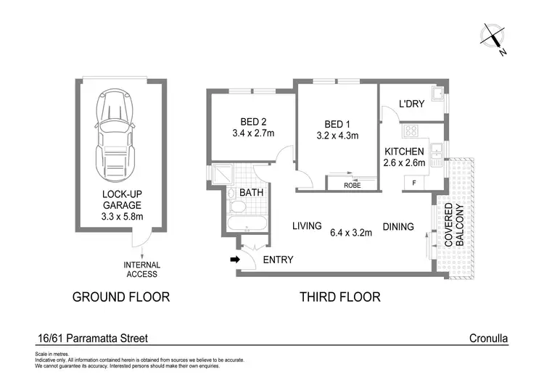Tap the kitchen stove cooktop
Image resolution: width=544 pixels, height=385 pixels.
click(411, 131)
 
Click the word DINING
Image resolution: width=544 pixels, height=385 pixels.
click(398, 227)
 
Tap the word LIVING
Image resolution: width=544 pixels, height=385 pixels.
click(307, 226)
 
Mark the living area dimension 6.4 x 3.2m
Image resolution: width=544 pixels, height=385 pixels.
click(352, 233)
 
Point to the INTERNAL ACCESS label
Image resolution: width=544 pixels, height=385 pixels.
click(142, 270)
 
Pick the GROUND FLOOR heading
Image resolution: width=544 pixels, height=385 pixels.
click(120, 297)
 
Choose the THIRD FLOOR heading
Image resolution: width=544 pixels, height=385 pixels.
click(339, 297)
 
